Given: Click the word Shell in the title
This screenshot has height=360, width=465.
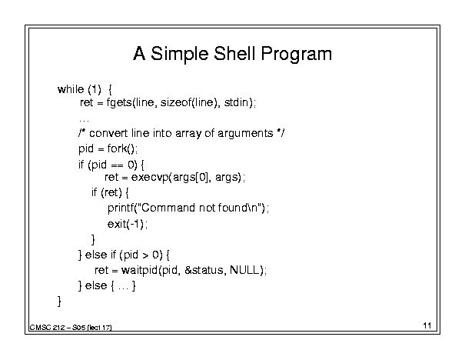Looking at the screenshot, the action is (x=234, y=53).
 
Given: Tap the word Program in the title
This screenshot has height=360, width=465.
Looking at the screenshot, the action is (x=296, y=55).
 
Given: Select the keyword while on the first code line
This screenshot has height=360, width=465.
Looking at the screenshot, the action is (x=71, y=89).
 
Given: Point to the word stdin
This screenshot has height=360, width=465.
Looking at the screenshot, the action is (x=236, y=102).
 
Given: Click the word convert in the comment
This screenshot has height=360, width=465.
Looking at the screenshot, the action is (x=108, y=133).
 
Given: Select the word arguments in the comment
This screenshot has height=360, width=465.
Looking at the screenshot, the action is (x=245, y=134).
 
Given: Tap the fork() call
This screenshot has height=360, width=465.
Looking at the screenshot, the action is (x=121, y=148).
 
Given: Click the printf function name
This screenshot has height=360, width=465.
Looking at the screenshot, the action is (x=121, y=208).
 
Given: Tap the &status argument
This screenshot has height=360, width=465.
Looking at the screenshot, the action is (x=204, y=270).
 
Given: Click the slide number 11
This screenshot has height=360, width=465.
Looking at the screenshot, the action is (x=427, y=325).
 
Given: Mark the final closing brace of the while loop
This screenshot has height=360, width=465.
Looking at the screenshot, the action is (x=59, y=301).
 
